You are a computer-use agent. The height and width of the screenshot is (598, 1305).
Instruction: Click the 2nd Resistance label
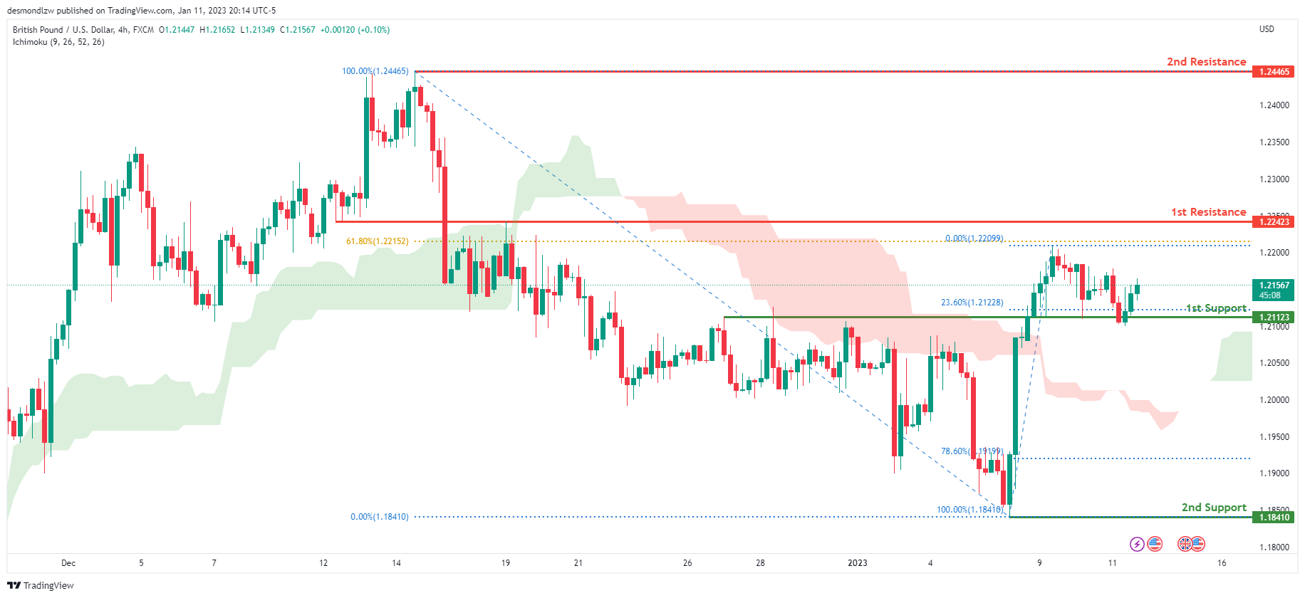[x=1206, y=62]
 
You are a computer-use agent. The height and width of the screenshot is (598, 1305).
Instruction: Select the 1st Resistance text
[x=1208, y=212]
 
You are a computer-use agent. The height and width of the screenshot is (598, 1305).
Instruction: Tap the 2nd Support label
[x=1214, y=508]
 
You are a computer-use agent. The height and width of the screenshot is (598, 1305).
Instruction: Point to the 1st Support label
[x=1216, y=308]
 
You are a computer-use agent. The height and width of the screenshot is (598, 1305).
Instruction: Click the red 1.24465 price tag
[x=1274, y=72]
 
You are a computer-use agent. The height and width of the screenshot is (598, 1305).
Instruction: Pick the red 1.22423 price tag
[x=1274, y=222]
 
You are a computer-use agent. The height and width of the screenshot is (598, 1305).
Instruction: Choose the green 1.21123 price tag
[x=1274, y=318]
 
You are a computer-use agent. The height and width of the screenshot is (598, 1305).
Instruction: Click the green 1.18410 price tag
[x=1274, y=518]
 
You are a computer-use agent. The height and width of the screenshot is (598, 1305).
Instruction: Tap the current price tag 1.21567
[x=1274, y=285]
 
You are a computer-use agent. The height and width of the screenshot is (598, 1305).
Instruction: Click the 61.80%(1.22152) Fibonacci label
[x=378, y=241]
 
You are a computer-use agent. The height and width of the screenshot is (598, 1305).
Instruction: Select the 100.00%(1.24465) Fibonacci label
[x=375, y=71]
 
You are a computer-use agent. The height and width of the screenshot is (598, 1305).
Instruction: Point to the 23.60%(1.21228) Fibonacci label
[x=972, y=303]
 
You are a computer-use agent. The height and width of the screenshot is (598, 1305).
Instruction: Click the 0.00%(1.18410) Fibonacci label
[x=380, y=517]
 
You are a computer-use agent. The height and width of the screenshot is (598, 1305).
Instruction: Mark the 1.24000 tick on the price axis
[x=1274, y=105]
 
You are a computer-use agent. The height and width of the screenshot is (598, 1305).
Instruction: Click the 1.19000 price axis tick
[x=1274, y=473]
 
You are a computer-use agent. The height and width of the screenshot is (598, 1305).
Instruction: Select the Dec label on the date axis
[x=68, y=563]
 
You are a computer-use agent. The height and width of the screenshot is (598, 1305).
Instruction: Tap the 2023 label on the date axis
[x=858, y=563]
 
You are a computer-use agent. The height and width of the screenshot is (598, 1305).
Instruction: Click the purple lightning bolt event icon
[x=1137, y=545]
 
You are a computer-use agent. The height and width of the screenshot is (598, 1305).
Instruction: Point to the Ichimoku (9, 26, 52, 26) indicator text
[x=58, y=42]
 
